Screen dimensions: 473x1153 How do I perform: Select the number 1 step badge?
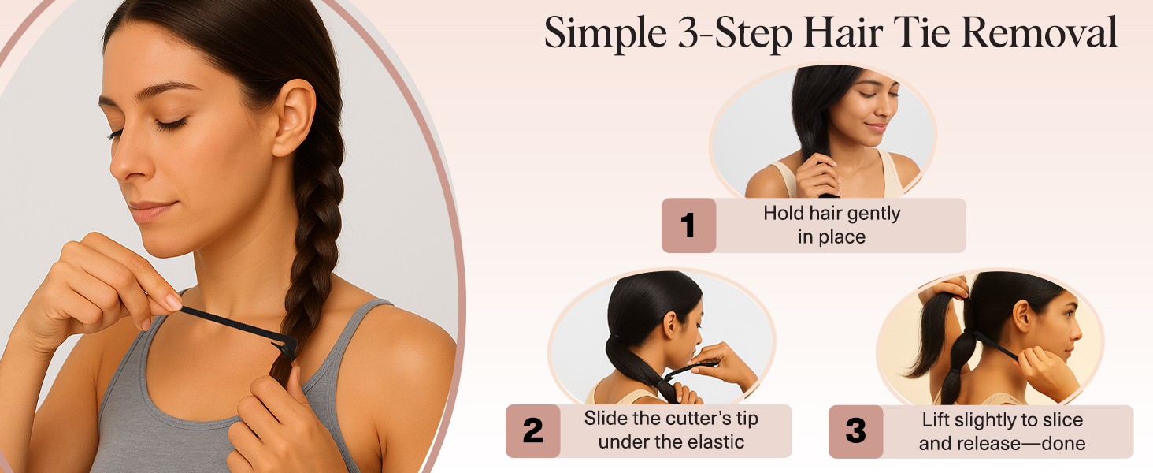(x=688, y=225)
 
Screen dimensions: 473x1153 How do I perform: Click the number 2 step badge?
(x=532, y=431)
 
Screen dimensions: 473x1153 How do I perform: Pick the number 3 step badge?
(x=855, y=431)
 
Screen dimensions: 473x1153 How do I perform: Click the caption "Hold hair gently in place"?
(x=832, y=225)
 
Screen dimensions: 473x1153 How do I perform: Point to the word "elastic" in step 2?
(x=711, y=442)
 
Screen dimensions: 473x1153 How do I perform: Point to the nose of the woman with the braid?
(x=126, y=162)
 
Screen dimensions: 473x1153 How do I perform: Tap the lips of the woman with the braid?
(x=147, y=210)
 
